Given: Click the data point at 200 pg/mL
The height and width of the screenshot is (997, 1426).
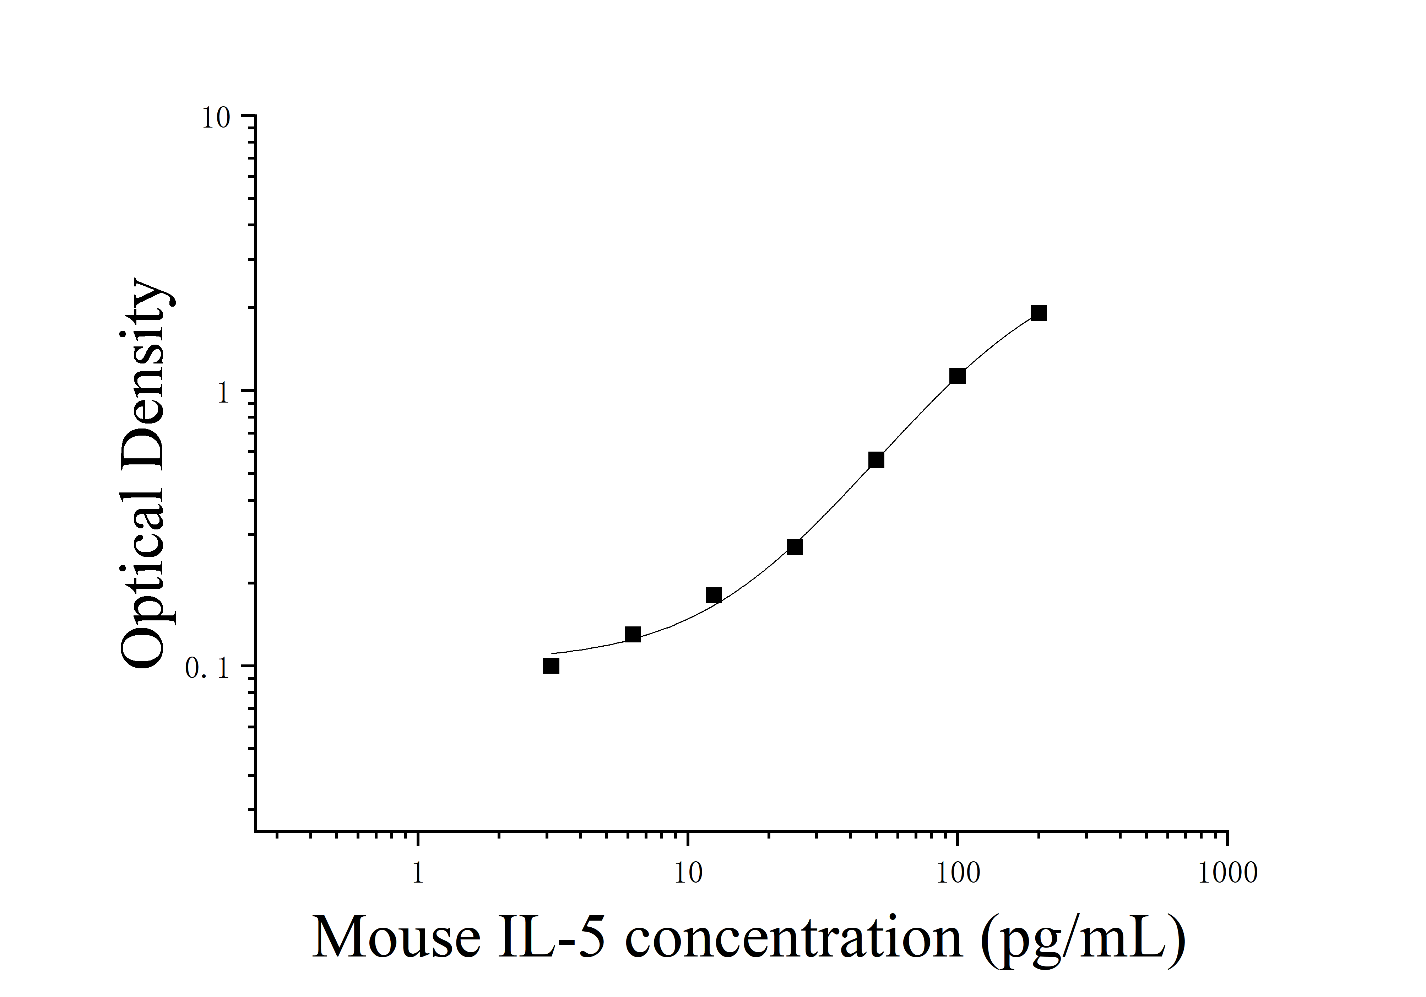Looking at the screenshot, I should coord(1039,313).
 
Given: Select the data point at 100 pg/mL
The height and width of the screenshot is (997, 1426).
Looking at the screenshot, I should coord(958,376).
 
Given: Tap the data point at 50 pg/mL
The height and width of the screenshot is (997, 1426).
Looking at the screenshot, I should coord(876,460).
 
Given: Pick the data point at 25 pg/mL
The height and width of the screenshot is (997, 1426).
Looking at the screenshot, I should coord(795,546).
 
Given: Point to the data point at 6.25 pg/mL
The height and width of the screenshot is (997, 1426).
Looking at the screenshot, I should coord(632,634).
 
